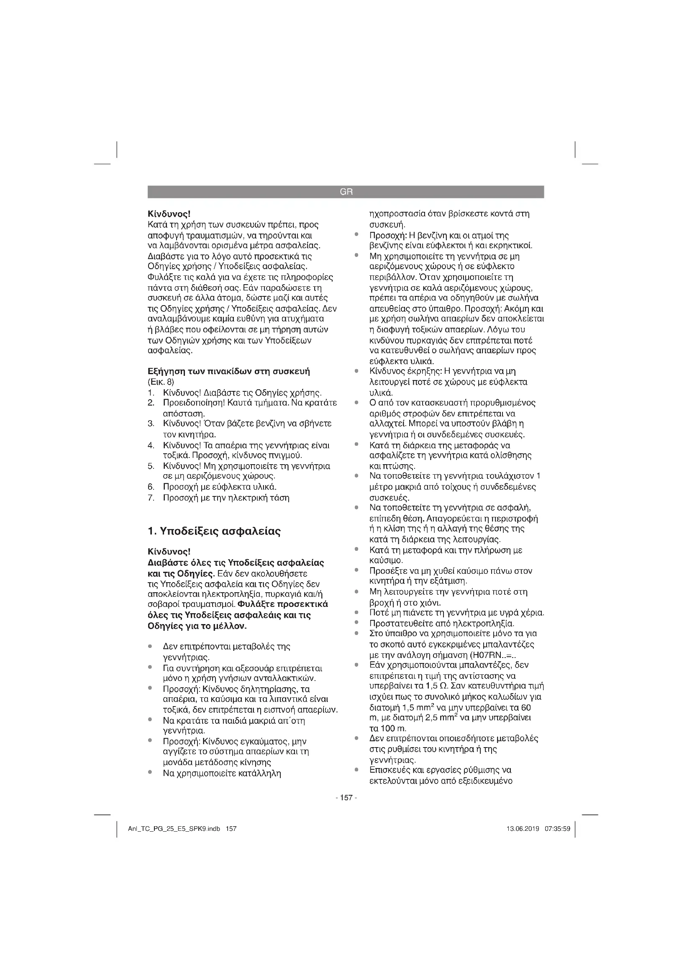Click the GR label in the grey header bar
[346, 192]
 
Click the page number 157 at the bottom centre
[346, 797]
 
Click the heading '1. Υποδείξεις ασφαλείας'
[214, 531]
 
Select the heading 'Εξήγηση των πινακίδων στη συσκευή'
[228, 371]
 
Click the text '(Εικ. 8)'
[161, 382]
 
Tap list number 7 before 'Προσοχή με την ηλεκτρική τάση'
[151, 498]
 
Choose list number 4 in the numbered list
[151, 446]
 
